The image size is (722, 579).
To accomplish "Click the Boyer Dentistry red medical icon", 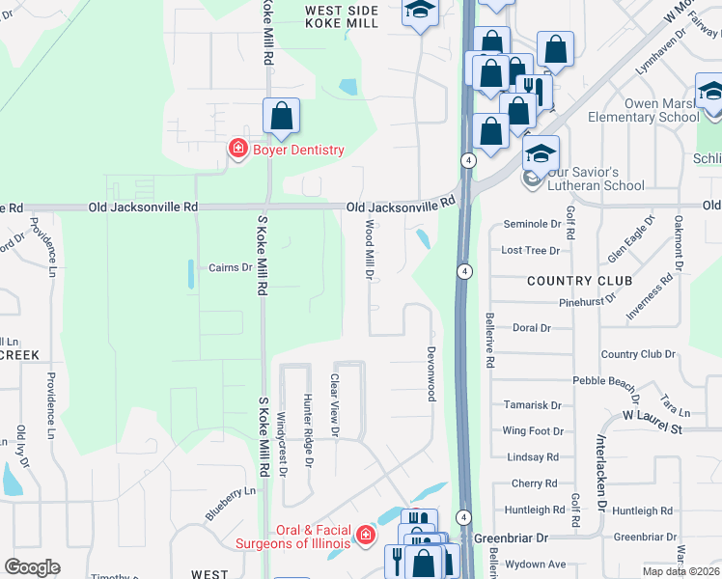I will [x=236, y=149].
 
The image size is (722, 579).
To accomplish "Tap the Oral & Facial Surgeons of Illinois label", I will [x=295, y=536].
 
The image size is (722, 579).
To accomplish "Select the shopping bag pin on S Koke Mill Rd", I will [x=281, y=117].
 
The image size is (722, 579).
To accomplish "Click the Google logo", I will [x=33, y=567].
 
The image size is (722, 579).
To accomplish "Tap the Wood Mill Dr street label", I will [x=369, y=249].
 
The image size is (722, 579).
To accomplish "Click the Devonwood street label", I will [x=431, y=374].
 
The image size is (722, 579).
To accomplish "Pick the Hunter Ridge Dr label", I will [x=309, y=429].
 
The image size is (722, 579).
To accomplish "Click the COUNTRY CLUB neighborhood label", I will [x=579, y=281].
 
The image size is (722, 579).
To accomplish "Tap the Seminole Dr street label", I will [x=532, y=224].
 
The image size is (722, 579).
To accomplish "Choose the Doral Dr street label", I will [x=532, y=328].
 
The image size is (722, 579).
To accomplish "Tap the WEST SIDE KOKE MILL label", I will [x=342, y=16].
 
